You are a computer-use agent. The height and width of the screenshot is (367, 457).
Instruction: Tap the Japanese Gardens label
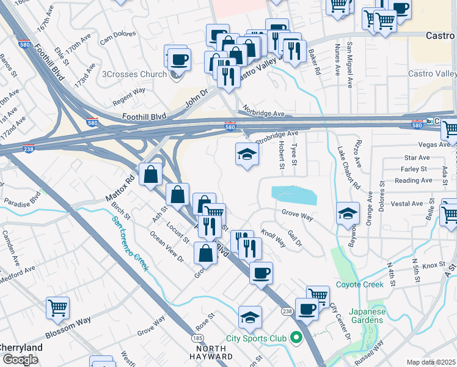click(x=368, y=315)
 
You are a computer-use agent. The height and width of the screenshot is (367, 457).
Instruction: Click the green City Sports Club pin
click(x=297, y=338)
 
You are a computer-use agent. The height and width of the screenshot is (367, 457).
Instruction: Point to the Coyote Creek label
click(x=360, y=284)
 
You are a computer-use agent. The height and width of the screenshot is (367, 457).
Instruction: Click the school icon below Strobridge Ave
click(x=246, y=154)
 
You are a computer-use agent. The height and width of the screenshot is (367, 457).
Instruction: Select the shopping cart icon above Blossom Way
click(x=57, y=308)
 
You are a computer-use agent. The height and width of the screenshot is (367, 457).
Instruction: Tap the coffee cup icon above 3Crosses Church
click(x=179, y=59)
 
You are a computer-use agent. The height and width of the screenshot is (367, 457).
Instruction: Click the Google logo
click(x=20, y=360)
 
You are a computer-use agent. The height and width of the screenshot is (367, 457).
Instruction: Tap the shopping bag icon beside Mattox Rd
click(x=150, y=175)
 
